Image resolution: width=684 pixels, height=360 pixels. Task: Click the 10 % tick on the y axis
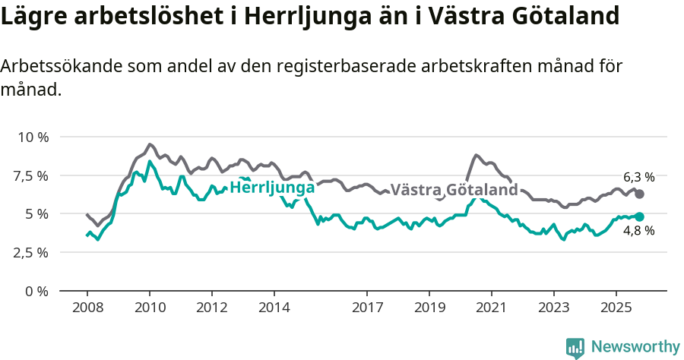(x=33, y=137)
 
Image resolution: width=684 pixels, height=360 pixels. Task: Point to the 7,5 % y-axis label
(x=32, y=176)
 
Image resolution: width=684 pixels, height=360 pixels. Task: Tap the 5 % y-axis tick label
(x=37, y=214)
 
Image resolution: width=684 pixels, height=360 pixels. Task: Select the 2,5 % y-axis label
(x=32, y=253)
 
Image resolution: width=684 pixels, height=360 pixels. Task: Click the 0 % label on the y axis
(x=37, y=291)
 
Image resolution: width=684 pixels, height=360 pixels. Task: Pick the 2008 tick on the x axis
(x=87, y=308)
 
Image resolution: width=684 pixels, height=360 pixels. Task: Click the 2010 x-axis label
(x=149, y=308)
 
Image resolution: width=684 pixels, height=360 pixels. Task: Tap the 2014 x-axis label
(x=274, y=308)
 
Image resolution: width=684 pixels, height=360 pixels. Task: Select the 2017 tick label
(x=367, y=308)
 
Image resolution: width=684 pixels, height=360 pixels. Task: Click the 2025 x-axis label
(x=616, y=308)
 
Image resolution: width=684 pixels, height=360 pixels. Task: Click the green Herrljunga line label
(x=272, y=187)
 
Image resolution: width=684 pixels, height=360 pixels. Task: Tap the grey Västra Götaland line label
(x=454, y=190)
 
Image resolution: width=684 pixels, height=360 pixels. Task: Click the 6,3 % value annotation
(x=638, y=177)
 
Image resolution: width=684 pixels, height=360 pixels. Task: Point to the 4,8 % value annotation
(x=638, y=231)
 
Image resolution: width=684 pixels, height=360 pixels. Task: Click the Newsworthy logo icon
(x=575, y=347)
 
